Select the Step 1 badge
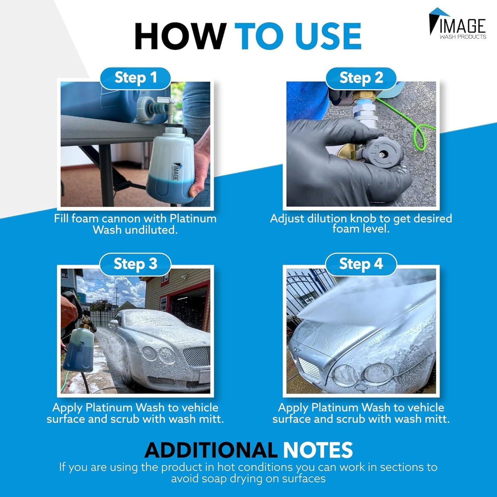point(136,78)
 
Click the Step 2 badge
point(361,78)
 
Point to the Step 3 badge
point(136,264)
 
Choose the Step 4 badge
point(361,264)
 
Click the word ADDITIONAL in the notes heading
point(210,450)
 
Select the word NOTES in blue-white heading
point(318,450)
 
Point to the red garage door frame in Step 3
point(207,303)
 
